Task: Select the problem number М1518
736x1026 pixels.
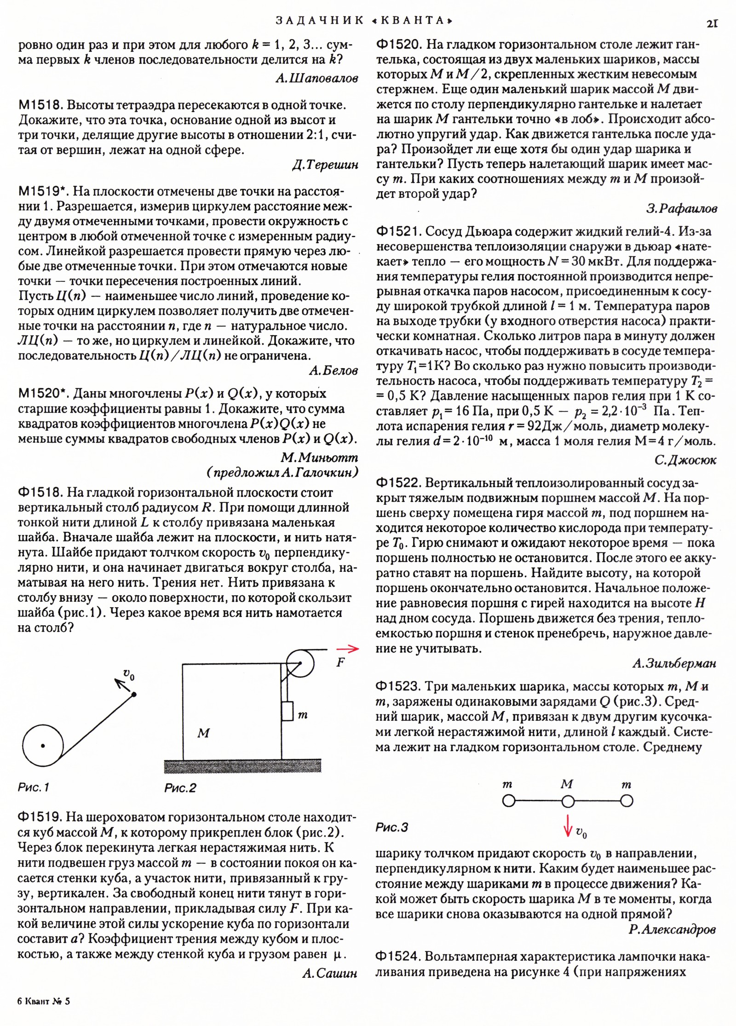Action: point(40,105)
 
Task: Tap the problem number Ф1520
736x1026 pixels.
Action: point(399,45)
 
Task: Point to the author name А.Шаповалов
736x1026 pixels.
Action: point(316,79)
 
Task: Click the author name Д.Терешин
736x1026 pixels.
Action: point(325,165)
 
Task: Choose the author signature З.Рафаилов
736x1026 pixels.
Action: point(681,209)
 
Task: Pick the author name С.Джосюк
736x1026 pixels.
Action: point(685,460)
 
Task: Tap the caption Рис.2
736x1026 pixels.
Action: point(180,788)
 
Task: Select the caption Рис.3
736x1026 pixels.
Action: point(392,827)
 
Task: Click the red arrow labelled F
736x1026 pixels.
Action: point(347,649)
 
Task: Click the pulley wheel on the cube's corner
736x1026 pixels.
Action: point(300,663)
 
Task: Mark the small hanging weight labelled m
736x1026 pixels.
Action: point(287,711)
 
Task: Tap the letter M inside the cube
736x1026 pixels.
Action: point(203,733)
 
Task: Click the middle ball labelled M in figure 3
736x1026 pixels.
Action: point(568,802)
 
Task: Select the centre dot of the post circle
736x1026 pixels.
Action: point(43,746)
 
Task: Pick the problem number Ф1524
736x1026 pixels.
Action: point(398,957)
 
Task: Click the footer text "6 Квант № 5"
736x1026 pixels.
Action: point(44,1001)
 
